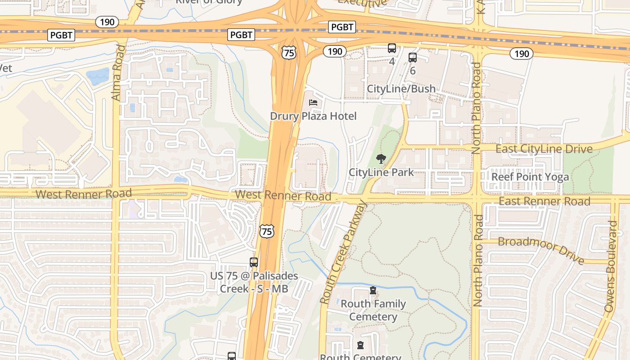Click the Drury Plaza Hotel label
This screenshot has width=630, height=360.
point(313,116)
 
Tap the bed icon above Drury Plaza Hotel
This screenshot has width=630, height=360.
point(314,103)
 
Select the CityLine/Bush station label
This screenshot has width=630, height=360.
point(401,89)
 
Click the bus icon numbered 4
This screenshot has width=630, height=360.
point(392,48)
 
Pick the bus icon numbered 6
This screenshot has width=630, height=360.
point(413,58)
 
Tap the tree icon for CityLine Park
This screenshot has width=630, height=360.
point(381,158)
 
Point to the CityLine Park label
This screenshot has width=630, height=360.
point(381,172)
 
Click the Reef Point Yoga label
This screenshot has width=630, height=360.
point(530,177)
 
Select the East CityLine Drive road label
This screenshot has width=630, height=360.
point(544,149)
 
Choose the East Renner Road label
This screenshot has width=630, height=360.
point(544,201)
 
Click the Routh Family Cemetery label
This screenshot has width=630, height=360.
point(373,310)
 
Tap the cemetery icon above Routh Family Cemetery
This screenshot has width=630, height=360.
point(373,291)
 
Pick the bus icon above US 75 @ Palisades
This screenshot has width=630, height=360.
point(254,262)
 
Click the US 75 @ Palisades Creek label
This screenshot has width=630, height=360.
point(254,282)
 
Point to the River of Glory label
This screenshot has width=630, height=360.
point(209,2)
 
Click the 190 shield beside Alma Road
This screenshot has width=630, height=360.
point(107,22)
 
